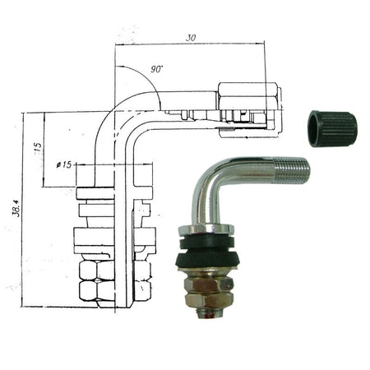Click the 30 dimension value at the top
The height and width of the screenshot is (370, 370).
click(191, 38)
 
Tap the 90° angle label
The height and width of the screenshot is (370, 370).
click(156, 69)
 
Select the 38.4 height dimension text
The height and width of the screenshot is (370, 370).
click(16, 208)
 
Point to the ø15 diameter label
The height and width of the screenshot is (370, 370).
click(64, 164)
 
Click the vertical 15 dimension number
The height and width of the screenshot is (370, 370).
click(39, 146)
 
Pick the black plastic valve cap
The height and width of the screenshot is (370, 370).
click(332, 128)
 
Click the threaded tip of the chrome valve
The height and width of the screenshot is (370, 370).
click(292, 170)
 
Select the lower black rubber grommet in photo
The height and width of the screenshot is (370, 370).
click(208, 261)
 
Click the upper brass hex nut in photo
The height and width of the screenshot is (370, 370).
click(209, 284)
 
